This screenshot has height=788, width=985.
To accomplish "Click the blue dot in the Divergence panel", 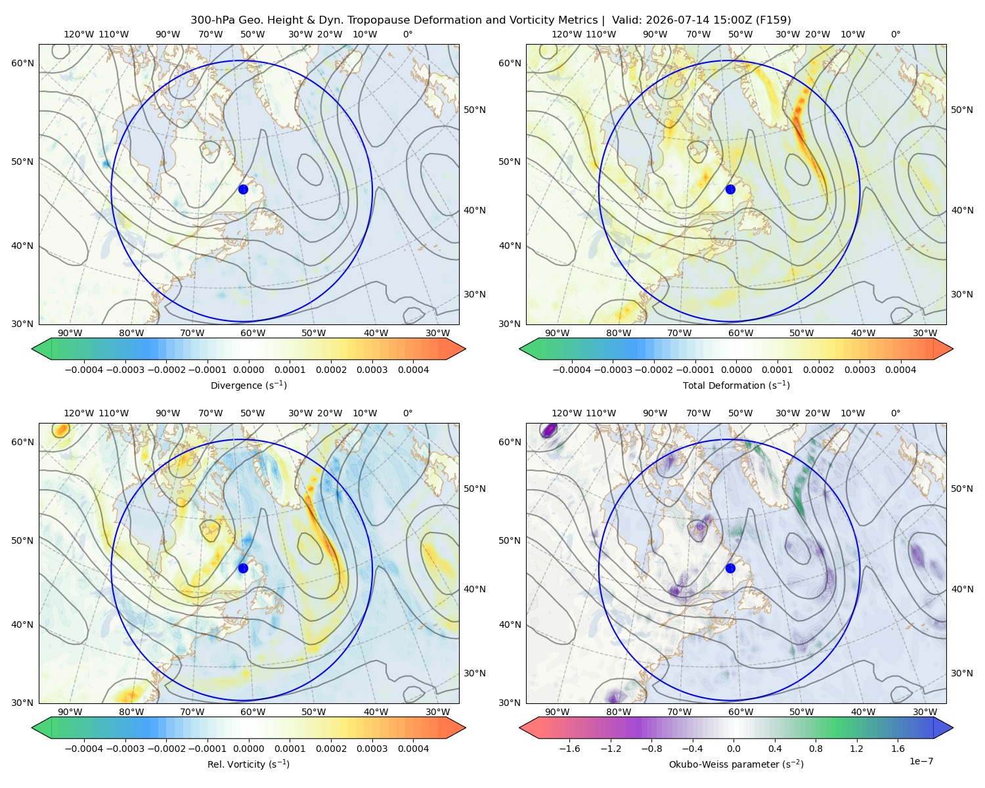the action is [x=243, y=189].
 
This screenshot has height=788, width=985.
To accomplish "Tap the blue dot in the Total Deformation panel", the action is [x=730, y=189].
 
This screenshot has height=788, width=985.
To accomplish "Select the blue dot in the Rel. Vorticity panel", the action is [x=243, y=568].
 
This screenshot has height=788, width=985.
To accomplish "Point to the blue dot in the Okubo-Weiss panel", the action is [x=730, y=568].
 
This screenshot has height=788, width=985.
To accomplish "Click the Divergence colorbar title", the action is [x=248, y=385].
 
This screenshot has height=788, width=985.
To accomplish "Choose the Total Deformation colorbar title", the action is [x=736, y=385].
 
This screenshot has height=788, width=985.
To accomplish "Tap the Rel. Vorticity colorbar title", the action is [x=248, y=764].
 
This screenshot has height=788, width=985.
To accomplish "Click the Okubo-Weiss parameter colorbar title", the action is [x=736, y=764].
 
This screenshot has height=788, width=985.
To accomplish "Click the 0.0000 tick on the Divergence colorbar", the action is [x=248, y=370].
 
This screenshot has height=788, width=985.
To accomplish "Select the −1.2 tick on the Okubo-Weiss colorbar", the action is [x=611, y=748].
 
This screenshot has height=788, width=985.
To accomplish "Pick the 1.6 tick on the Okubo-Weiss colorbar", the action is [x=898, y=748].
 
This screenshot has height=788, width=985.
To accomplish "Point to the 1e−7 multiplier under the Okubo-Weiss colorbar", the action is [x=921, y=761].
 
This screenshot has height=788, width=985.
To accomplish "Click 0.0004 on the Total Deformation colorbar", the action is [x=900, y=370].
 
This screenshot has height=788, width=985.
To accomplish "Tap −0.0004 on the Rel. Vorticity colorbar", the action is [x=84, y=748].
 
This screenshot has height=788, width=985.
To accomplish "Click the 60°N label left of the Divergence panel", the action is [x=22, y=63].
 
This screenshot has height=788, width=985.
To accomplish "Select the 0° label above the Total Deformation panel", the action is [x=895, y=34].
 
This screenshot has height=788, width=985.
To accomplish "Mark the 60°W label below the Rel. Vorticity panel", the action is [x=253, y=712].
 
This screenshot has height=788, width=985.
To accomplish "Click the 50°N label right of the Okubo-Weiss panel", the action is [x=961, y=489].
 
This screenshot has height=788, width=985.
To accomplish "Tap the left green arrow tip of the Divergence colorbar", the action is [x=32, y=349].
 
